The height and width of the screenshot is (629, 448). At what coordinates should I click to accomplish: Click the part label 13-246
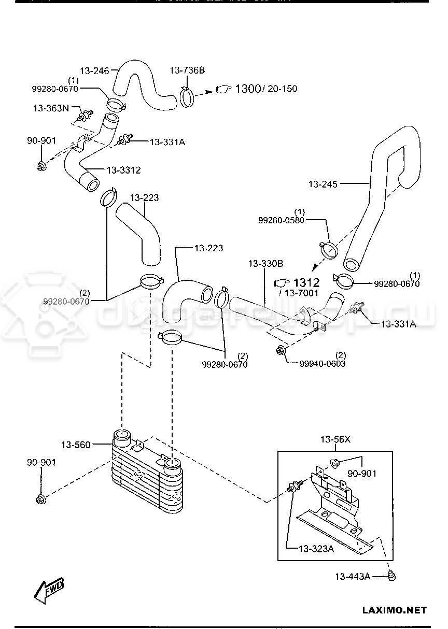[94, 70]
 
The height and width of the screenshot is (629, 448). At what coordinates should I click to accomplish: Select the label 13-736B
[188, 69]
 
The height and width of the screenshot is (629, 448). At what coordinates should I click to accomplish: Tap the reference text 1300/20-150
[266, 89]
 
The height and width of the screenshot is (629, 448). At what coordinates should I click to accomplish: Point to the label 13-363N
[51, 108]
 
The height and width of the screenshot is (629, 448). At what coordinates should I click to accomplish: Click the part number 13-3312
[123, 170]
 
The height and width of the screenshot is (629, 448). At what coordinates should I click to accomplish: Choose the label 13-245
[323, 183]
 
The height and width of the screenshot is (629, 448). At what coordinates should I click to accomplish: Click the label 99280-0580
[281, 220]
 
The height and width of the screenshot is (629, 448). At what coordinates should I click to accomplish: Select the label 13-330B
[265, 264]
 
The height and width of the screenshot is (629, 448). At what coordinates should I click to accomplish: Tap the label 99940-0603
[322, 364]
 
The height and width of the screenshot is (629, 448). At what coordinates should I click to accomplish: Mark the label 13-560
[76, 445]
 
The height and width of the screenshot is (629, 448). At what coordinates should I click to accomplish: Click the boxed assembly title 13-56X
[335, 439]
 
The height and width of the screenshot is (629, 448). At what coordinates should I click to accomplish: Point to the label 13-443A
[352, 576]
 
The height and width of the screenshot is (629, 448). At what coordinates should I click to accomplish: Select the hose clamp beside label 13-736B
[190, 96]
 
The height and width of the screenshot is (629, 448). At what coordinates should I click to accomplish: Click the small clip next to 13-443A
[392, 575]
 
